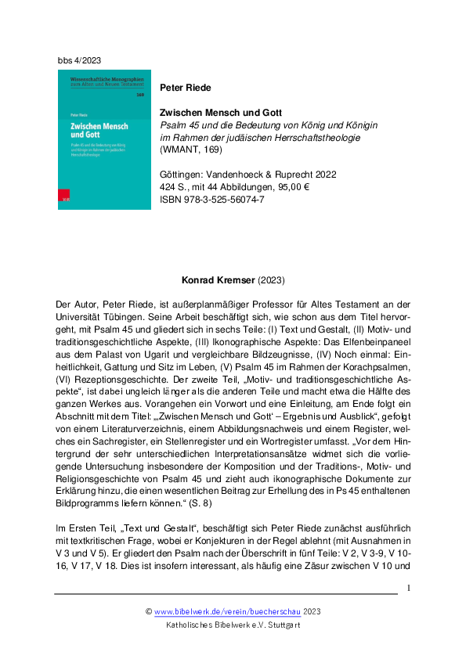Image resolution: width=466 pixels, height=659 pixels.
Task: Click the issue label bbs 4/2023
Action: click(x=79, y=59)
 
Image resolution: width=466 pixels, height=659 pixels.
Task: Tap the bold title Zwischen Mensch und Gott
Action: click(x=216, y=113)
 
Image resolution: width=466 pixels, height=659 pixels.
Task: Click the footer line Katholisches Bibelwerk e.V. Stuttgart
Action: click(x=233, y=625)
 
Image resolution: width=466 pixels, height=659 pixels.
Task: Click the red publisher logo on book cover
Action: click(x=66, y=200)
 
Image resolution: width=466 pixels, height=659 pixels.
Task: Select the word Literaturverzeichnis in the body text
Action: click(x=134, y=419)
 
